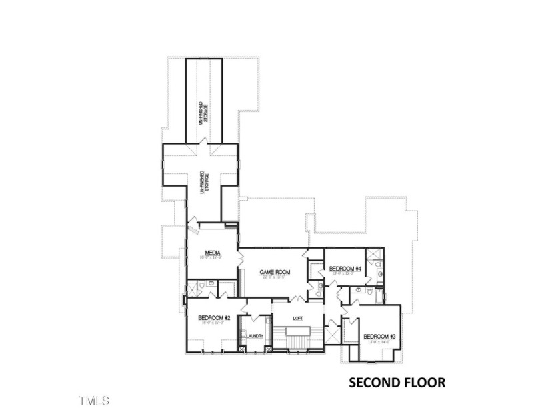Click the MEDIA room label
pos(213,253)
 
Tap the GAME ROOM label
pos(273,273)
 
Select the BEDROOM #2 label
pos(214,319)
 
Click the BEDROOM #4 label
pos(345,269)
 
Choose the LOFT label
pos(298,318)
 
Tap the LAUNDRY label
pos(255,336)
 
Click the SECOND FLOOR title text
pos(397,383)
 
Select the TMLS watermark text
pos(94,401)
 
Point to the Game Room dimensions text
pos(273,279)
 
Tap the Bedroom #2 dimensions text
pos(214,325)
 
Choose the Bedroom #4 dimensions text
pos(345,274)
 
